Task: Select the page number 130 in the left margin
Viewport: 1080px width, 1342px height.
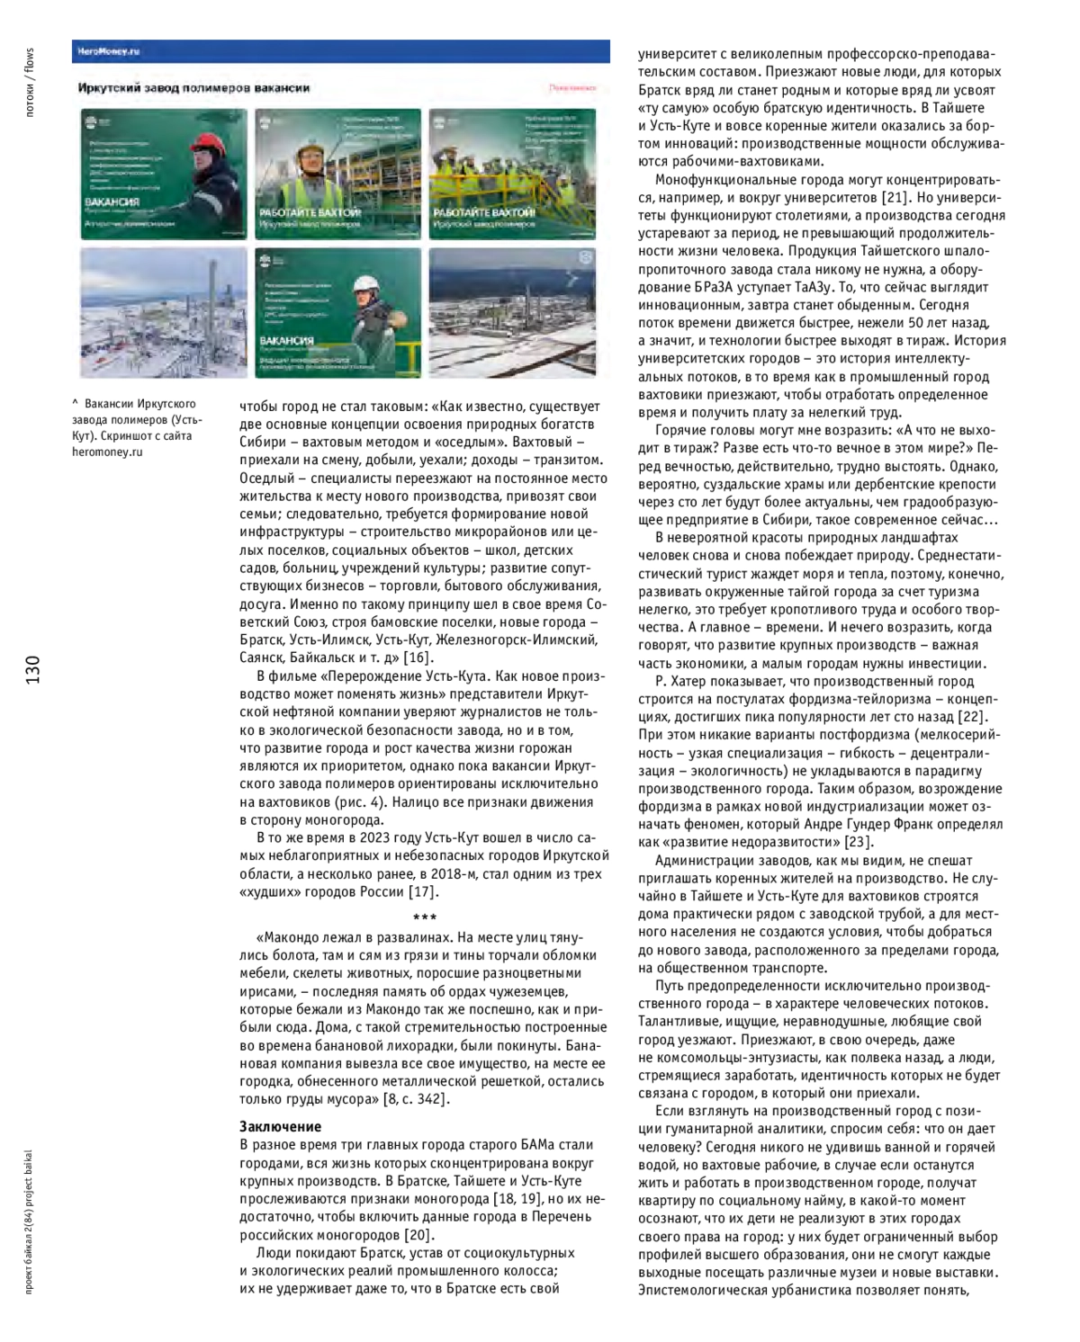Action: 33,670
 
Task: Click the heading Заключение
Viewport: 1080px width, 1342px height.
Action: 280,1126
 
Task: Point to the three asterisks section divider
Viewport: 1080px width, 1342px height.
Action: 424,917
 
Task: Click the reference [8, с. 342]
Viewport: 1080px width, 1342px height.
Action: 417,1098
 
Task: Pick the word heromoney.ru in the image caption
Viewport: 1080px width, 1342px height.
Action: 107,452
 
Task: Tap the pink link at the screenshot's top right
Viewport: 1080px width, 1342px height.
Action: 572,88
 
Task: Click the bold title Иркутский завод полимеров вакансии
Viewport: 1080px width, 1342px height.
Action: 194,88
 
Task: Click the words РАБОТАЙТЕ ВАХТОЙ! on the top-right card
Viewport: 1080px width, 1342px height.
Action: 484,213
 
